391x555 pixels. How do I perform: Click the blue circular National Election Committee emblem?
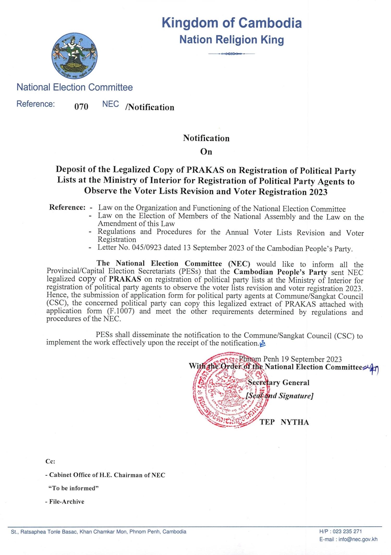tap(75, 56)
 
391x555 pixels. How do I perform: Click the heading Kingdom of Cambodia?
tap(232, 23)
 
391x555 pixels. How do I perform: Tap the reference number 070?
tap(81, 107)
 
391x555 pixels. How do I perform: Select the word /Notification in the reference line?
tap(150, 107)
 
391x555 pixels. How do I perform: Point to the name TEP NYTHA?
tap(284, 422)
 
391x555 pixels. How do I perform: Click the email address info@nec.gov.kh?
tap(358, 539)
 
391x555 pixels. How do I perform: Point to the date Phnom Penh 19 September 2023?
tap(290, 359)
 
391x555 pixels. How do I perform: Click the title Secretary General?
tap(278, 383)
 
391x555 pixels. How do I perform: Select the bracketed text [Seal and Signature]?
tap(279, 396)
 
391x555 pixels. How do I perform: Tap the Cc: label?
tap(50, 461)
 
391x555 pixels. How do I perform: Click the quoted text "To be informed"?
tap(74, 488)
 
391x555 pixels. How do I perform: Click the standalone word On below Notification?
tap(206, 152)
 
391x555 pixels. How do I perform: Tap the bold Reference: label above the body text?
tap(67, 207)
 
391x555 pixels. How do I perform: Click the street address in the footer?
tap(99, 532)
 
